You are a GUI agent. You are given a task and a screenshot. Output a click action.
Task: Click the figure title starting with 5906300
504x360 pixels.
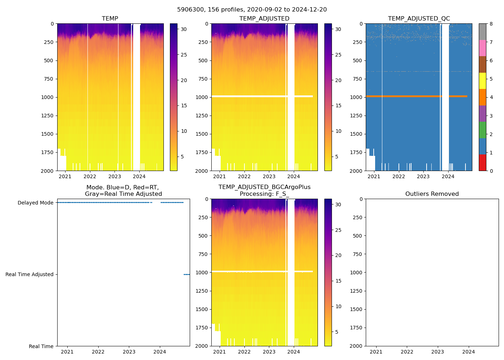(x=252, y=10)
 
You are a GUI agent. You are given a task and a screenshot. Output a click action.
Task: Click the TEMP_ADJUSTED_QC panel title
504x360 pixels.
(x=419, y=18)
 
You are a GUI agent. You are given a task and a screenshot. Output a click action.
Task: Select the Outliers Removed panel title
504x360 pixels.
(x=432, y=194)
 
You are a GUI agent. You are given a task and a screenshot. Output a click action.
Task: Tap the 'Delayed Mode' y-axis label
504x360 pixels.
(x=35, y=203)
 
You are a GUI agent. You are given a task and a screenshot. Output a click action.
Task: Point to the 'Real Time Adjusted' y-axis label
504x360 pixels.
(x=30, y=274)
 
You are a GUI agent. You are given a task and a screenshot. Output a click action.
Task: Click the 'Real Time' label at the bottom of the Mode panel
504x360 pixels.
(x=41, y=346)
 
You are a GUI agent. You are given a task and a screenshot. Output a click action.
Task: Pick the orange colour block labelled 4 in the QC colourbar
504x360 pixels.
(x=482, y=97)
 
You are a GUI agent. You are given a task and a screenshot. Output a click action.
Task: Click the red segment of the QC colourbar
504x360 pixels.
(x=482, y=162)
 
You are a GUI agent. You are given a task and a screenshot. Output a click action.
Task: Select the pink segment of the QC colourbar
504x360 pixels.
(x=482, y=48)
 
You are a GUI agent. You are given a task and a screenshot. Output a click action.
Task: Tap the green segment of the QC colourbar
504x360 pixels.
(x=482, y=130)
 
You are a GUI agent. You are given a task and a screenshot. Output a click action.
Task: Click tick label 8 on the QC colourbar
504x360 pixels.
(x=491, y=24)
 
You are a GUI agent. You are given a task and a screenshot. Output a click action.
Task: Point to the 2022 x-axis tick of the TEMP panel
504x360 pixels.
(x=90, y=176)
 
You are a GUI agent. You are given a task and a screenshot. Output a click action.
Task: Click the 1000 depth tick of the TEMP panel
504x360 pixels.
(x=47, y=97)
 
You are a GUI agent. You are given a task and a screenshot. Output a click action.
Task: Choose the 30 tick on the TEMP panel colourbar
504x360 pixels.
(x=184, y=29)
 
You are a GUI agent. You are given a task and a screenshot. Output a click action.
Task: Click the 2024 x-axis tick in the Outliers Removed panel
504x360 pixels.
(x=469, y=352)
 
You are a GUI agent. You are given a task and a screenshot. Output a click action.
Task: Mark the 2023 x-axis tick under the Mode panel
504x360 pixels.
(x=129, y=352)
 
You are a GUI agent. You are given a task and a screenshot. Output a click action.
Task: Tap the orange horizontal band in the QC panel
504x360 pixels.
(x=414, y=96)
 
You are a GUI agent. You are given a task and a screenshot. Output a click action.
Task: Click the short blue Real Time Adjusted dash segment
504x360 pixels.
(x=186, y=274)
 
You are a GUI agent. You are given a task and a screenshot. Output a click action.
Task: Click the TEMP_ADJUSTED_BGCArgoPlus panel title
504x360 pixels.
(x=264, y=187)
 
